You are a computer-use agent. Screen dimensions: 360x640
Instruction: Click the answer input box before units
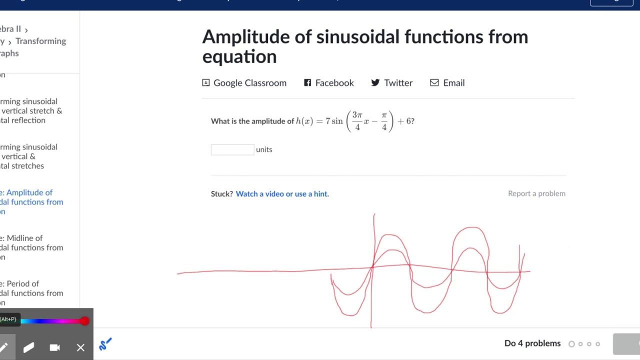pos(232,149)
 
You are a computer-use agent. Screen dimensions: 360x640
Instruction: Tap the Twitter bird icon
pos(375,83)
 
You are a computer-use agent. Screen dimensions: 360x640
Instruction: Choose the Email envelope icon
pos(434,83)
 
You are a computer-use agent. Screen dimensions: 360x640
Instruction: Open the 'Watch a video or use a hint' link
pos(282,194)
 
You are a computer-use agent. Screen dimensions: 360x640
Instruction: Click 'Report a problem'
pos(536,193)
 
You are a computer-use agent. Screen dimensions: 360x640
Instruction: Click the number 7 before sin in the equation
pos(327,121)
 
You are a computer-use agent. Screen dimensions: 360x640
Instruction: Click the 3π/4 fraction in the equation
pos(357,121)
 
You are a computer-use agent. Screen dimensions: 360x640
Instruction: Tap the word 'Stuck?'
pos(221,194)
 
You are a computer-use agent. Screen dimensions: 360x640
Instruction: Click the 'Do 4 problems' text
pos(532,343)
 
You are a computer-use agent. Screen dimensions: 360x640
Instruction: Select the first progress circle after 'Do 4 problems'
pos(571,344)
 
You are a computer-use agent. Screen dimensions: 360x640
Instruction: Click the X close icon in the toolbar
pos(80,347)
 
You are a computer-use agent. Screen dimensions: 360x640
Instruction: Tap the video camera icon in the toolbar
pos(54,347)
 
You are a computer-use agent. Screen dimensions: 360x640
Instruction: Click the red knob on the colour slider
pos(84,321)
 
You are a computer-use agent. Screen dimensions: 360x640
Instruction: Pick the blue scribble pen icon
pos(105,344)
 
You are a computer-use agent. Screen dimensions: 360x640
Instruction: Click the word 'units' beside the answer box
pos(264,149)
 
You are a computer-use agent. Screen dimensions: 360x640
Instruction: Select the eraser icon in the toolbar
pos(28,347)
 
